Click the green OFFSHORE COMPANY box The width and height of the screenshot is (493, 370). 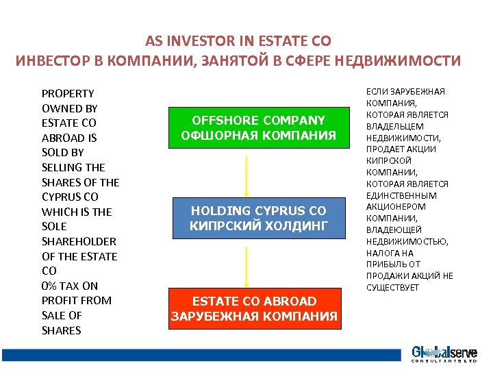(x=258, y=127)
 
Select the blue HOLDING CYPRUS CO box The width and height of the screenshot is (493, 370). (x=258, y=218)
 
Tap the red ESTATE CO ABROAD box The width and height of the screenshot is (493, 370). (x=254, y=308)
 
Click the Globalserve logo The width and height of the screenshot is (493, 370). (x=444, y=354)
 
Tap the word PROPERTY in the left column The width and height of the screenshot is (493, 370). (x=68, y=93)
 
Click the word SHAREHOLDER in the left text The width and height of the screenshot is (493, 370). (x=79, y=241)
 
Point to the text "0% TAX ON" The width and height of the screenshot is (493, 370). (x=70, y=286)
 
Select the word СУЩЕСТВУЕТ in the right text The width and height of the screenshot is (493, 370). (x=392, y=287)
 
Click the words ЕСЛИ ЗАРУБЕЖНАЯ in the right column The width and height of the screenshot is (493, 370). (x=405, y=92)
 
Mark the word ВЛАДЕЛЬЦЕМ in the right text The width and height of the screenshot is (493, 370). (x=395, y=126)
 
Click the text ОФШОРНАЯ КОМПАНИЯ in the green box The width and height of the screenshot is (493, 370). (x=258, y=136)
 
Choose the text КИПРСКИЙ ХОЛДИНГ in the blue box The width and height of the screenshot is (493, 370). (x=258, y=225)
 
